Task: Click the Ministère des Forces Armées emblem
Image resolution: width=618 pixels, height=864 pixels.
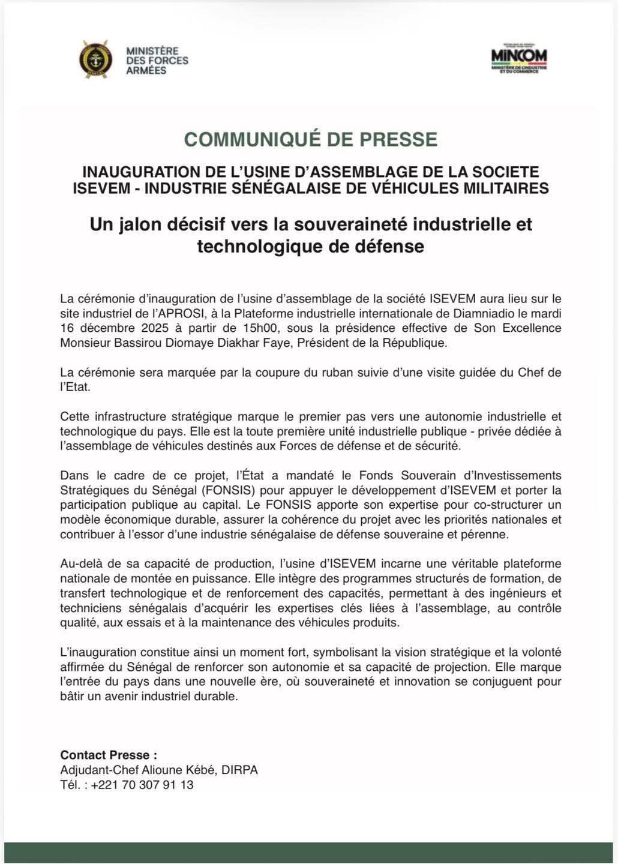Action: pos(95,59)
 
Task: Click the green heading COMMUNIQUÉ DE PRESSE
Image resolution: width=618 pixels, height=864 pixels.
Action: pos(310,139)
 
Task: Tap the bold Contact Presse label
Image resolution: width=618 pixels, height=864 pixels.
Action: pos(109,755)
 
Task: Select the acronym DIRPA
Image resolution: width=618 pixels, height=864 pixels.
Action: pos(239,770)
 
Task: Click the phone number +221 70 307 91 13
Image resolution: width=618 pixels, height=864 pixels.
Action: pos(142,785)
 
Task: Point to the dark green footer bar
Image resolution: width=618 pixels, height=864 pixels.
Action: pos(309,853)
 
